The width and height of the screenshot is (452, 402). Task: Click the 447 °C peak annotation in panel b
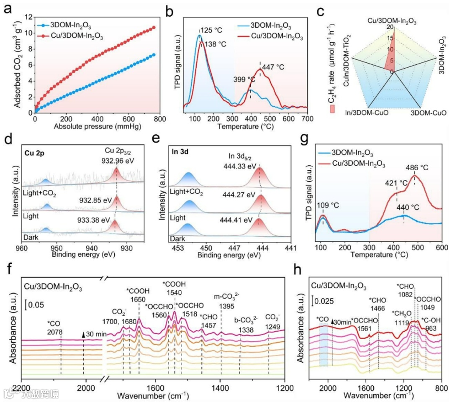tap(272, 66)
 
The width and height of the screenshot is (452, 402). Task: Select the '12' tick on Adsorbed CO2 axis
tap(28, 17)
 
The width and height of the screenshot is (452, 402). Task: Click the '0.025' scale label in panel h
tap(325, 300)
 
